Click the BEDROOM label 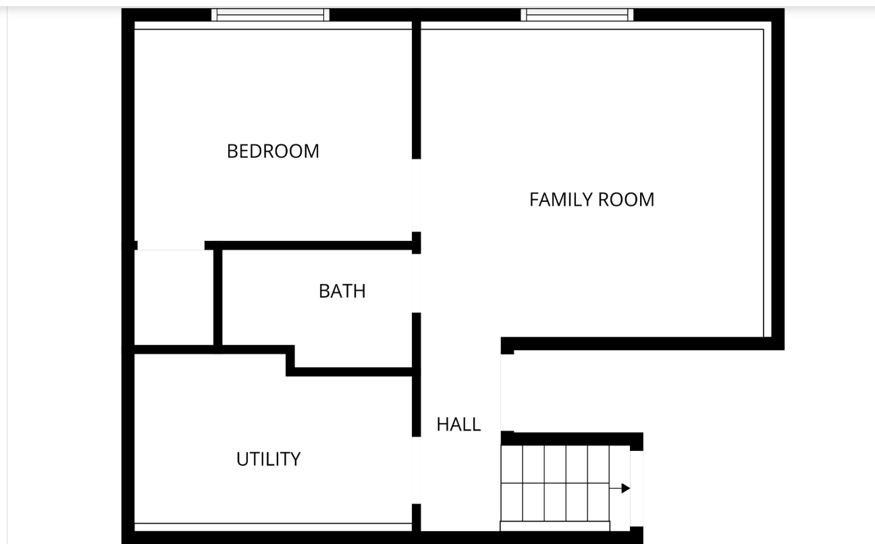[273, 151]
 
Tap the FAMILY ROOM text [591, 200]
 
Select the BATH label [342, 291]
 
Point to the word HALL [458, 425]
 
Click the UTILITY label [268, 459]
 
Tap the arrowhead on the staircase [625, 488]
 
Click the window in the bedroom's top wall [270, 15]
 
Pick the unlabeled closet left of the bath [174, 298]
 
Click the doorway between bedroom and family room [416, 196]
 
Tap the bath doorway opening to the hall [416, 283]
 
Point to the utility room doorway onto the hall [416, 470]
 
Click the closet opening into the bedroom [171, 246]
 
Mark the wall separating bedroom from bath [311, 246]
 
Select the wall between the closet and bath [218, 297]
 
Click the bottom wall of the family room [641, 344]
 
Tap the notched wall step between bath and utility [291, 360]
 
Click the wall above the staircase [571, 438]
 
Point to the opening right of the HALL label [501, 391]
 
